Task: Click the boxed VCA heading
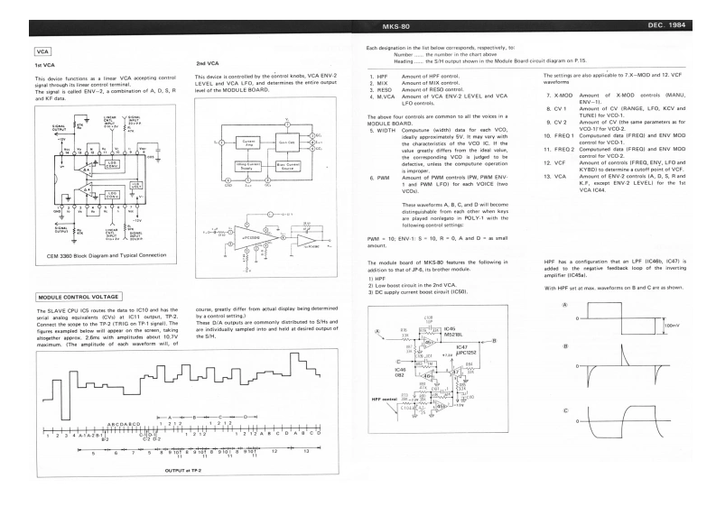tap(42, 52)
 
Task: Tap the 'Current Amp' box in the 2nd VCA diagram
tap(249, 143)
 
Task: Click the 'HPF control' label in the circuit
tap(385, 398)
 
